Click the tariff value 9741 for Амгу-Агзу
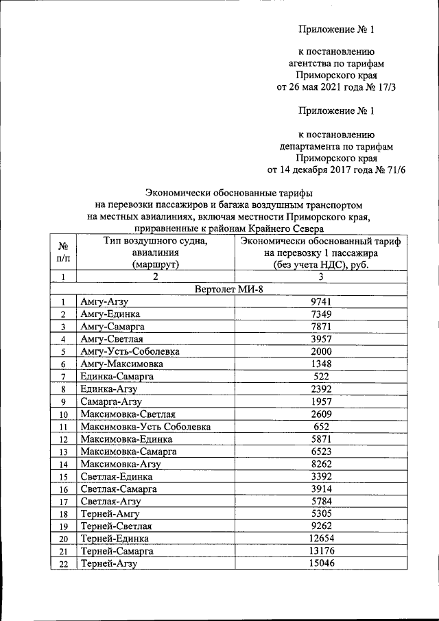(x=321, y=301)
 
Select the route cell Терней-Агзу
(x=109, y=563)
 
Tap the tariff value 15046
(x=321, y=563)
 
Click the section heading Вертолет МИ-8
(x=229, y=289)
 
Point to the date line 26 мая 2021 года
(x=336, y=88)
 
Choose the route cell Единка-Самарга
(x=116, y=377)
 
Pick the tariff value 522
(x=321, y=376)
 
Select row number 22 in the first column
(x=62, y=564)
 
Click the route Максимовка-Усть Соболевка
(x=145, y=427)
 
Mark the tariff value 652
(x=321, y=426)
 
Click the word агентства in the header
(x=311, y=63)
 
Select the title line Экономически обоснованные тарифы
(x=229, y=193)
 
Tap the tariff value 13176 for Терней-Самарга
(x=321, y=550)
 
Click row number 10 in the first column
(x=62, y=414)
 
